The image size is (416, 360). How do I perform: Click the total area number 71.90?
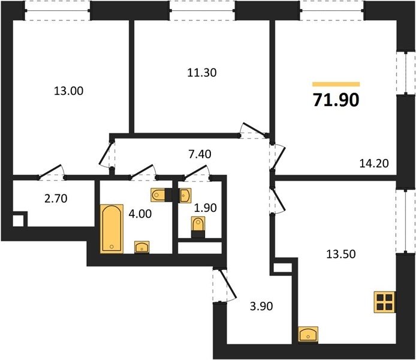(336, 100)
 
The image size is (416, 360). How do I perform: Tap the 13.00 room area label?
(68, 91)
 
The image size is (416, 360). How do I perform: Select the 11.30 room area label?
(202, 73)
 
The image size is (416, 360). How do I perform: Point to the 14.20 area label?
(374, 163)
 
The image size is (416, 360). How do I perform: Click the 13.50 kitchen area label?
(340, 254)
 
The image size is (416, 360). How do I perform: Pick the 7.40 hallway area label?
(200, 154)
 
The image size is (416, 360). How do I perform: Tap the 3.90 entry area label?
(261, 307)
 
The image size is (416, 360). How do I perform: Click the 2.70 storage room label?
(56, 199)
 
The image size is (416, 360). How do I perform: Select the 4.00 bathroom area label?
(140, 214)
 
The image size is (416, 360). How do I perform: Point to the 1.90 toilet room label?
(206, 208)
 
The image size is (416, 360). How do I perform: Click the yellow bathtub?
(111, 229)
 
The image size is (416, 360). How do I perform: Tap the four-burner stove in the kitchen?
(384, 302)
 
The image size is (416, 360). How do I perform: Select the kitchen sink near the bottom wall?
(308, 334)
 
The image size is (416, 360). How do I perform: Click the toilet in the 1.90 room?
(198, 226)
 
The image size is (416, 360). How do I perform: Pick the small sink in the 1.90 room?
(185, 196)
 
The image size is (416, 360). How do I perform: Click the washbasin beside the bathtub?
(142, 247)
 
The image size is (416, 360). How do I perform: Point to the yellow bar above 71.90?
(336, 85)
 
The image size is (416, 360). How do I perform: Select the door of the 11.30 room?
(253, 131)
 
